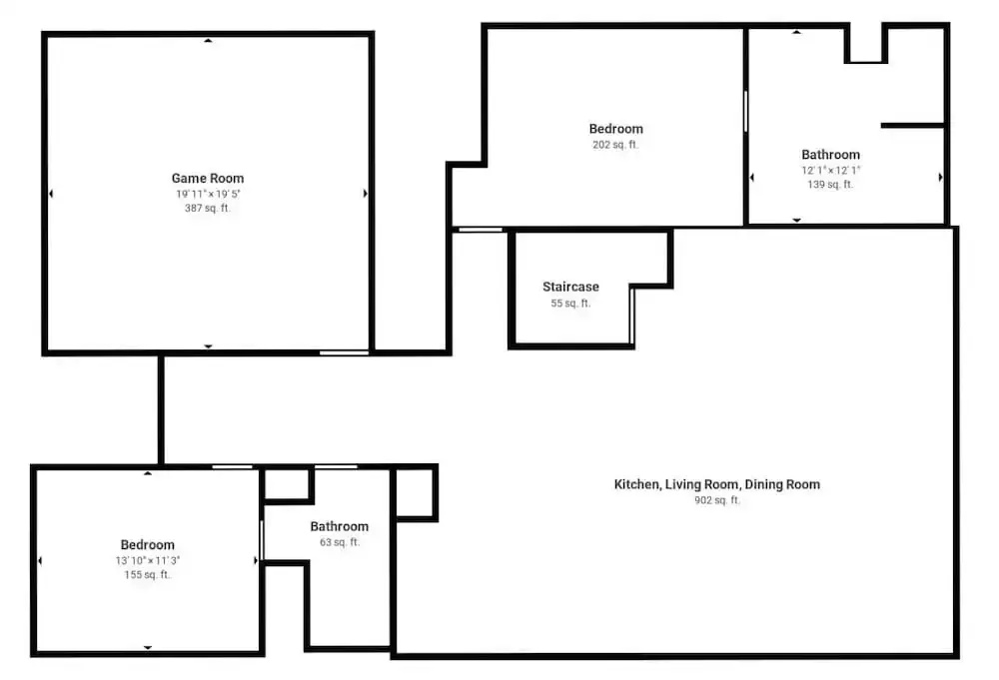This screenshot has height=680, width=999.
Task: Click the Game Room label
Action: pyautogui.click(x=208, y=179)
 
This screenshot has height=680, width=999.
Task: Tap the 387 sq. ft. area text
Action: pyautogui.click(x=208, y=209)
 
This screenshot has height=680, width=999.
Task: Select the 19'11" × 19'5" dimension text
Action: pyautogui.click(x=209, y=194)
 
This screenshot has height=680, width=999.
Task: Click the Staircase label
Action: pyautogui.click(x=570, y=288)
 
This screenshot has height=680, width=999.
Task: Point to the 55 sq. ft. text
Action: pyautogui.click(x=570, y=304)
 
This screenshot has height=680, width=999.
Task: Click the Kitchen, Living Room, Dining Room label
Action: pyautogui.click(x=716, y=484)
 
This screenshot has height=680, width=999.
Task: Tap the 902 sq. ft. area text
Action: pyautogui.click(x=717, y=500)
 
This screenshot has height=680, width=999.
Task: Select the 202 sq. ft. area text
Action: pyautogui.click(x=615, y=145)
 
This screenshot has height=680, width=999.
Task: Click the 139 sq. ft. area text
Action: pyautogui.click(x=830, y=185)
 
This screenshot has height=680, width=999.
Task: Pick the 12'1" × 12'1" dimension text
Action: pyautogui.click(x=831, y=170)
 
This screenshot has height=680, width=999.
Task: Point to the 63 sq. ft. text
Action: pyautogui.click(x=340, y=542)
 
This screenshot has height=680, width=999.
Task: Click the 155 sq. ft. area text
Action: pyautogui.click(x=147, y=575)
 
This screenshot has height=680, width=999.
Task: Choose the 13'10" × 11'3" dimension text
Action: pyautogui.click(x=148, y=560)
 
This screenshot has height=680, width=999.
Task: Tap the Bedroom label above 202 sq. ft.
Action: pyautogui.click(x=616, y=129)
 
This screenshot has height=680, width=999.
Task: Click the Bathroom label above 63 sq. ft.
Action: pyautogui.click(x=340, y=526)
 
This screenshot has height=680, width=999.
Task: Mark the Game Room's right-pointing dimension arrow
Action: pyautogui.click(x=365, y=194)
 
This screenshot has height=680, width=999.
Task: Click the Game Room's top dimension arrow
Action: pyautogui.click(x=208, y=41)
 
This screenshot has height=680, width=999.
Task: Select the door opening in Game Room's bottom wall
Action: pyautogui.click(x=344, y=352)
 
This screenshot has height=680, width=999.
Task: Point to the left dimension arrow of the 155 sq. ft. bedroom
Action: pyautogui.click(x=40, y=561)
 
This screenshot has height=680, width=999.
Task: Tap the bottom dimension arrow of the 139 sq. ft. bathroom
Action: pyautogui.click(x=796, y=220)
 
